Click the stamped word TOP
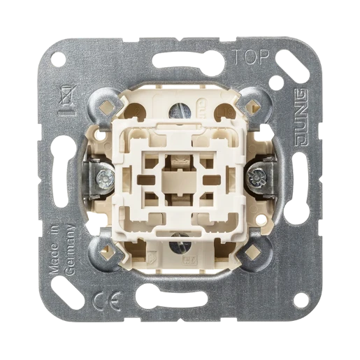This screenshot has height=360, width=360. click(251, 57)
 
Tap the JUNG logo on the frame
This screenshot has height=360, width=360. click(302, 117)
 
